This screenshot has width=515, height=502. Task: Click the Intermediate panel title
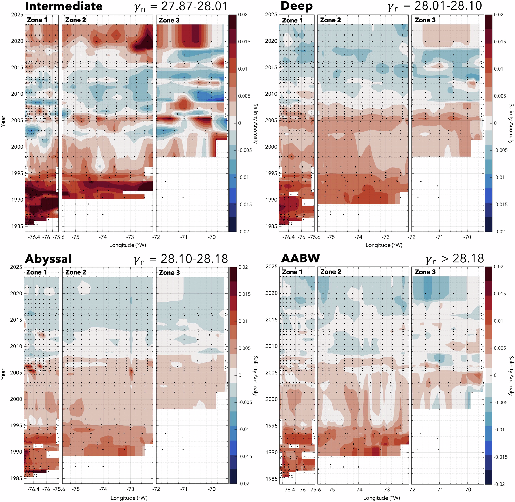click(64, 6)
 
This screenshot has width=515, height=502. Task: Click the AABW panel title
click(300, 258)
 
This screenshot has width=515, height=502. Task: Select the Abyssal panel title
click(48, 259)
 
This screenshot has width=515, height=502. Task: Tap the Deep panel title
click(297, 6)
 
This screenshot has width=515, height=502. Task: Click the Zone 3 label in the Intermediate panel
click(169, 20)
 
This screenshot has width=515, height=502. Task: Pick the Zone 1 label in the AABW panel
click(292, 272)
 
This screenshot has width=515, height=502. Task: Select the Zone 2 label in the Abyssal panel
click(76, 272)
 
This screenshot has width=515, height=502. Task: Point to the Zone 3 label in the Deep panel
click(425, 20)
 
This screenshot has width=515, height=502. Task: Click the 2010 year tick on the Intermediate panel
click(17, 94)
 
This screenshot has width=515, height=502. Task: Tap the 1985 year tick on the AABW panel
click(271, 479)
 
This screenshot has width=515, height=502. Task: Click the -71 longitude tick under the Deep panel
click(439, 237)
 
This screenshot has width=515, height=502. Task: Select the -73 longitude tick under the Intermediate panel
click(130, 237)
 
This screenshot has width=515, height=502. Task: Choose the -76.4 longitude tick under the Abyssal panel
click(34, 489)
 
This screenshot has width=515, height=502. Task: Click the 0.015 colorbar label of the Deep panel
click(500, 42)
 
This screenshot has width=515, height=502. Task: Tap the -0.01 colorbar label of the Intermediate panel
click(244, 178)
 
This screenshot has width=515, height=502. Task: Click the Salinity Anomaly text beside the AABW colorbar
click(511, 376)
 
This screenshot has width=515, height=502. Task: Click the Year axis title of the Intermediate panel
click(3, 121)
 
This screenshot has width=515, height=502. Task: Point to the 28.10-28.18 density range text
click(194, 259)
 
